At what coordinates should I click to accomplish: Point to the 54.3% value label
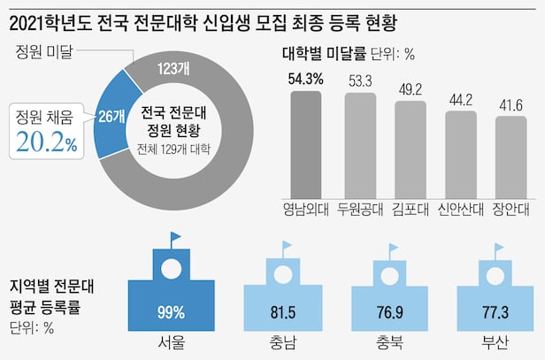point(306,79)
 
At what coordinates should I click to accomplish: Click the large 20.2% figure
point(49,141)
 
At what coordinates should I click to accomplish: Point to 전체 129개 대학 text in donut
point(174,148)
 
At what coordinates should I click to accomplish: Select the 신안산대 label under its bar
point(461,210)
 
